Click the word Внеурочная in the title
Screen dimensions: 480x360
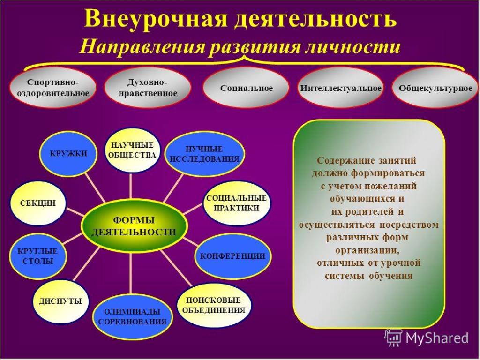click(156, 19)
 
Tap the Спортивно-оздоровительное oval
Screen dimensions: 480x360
click(53, 88)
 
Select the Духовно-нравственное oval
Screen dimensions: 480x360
click(148, 88)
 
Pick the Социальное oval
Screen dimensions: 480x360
click(246, 88)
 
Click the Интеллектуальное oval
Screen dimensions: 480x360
click(340, 88)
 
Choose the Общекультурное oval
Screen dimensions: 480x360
click(435, 88)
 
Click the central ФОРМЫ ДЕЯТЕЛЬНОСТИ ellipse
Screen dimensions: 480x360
click(134, 226)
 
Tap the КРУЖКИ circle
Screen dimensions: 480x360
click(68, 153)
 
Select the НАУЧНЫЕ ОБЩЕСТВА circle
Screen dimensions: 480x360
click(132, 150)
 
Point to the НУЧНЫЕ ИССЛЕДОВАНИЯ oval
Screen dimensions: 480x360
click(205, 154)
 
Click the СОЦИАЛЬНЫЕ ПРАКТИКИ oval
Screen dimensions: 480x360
click(236, 203)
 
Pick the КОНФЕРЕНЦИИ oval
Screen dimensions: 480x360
click(232, 256)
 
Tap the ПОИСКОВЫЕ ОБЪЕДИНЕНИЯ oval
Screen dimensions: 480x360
click(214, 305)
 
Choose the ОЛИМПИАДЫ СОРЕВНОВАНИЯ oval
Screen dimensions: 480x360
click(133, 316)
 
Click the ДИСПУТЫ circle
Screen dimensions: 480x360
click(60, 301)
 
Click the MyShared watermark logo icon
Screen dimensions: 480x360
click(393, 338)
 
